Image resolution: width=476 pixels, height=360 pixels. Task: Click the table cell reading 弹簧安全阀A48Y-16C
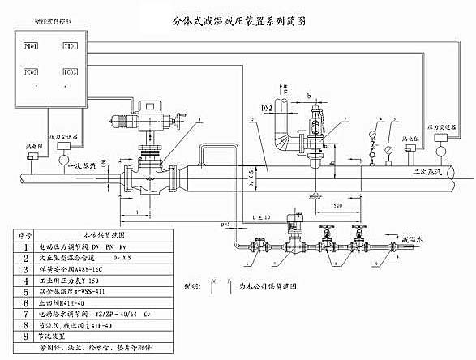tap(79, 265)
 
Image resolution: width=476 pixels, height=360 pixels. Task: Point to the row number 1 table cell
tap(24, 243)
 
